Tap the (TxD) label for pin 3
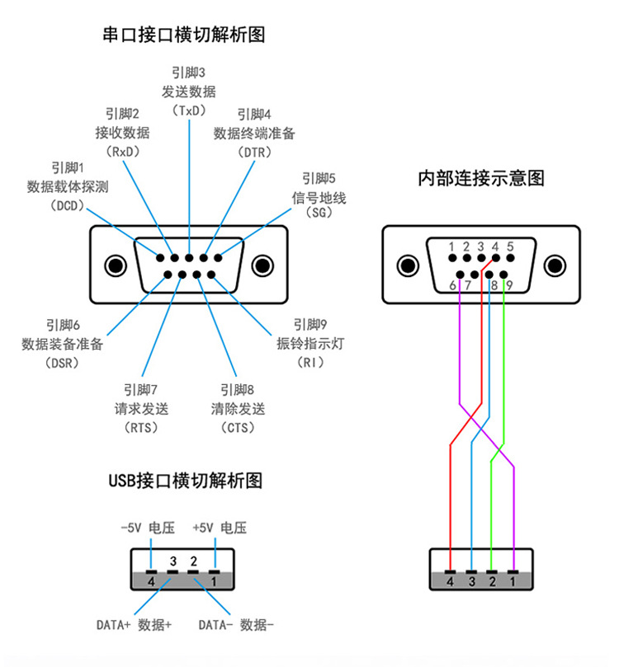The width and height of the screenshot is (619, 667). tap(189, 110)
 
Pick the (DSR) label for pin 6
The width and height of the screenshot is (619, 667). tap(63, 363)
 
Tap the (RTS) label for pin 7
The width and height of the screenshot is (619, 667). tap(140, 427)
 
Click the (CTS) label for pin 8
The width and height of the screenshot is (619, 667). tap(238, 427)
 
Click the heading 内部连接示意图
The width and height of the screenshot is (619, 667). tap(482, 178)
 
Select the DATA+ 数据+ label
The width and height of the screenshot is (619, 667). tap(134, 624)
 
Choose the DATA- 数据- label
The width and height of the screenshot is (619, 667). tap(236, 624)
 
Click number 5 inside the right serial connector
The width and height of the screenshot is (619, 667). tap(511, 247)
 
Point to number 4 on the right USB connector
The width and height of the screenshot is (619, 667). tap(450, 582)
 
